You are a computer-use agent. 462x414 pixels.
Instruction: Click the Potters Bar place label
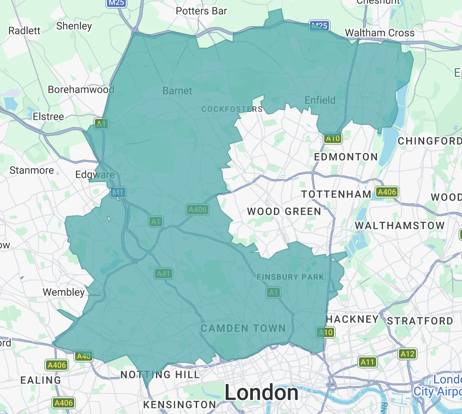point(201,11)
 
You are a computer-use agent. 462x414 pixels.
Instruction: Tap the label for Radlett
point(24,30)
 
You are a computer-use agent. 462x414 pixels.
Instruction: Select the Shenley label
point(74,26)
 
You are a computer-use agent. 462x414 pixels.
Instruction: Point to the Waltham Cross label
point(380,33)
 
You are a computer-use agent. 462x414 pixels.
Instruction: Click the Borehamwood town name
point(81,89)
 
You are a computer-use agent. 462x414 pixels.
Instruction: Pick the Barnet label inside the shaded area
point(177,91)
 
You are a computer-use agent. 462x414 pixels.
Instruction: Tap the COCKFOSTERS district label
point(232,109)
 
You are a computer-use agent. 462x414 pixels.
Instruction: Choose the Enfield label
point(320,100)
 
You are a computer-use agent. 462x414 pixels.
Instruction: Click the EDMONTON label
point(346,157)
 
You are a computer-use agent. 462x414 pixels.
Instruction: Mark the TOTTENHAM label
point(336,194)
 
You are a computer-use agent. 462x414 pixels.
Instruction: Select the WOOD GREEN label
point(284,211)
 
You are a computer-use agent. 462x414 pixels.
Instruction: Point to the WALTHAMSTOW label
point(399,225)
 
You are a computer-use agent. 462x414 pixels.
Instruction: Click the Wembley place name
point(64,292)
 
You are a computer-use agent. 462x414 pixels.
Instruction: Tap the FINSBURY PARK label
point(290,277)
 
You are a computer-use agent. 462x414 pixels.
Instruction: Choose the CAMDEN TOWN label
point(243,329)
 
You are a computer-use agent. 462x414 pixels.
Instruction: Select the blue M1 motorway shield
point(118,193)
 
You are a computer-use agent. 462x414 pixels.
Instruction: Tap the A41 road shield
point(164,273)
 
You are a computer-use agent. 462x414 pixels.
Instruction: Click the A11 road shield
point(368,362)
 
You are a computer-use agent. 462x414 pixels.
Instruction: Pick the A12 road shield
point(407,354)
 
